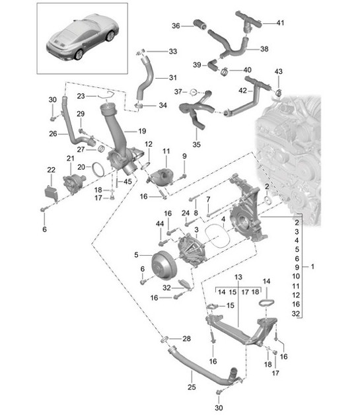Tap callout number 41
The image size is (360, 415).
(280, 23)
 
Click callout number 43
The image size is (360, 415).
(278, 71)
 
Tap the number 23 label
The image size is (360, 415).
(81, 95)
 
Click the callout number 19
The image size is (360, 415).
(141, 132)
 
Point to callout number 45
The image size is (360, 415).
(127, 182)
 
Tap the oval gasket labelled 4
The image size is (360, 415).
(215, 235)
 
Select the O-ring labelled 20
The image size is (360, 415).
(96, 170)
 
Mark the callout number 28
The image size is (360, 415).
(186, 338)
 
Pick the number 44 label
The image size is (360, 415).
(159, 225)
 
